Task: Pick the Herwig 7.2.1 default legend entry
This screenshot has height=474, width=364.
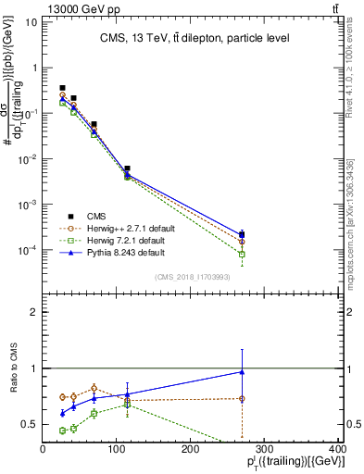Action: pos(126,239)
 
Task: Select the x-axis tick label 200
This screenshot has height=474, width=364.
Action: pos(191,449)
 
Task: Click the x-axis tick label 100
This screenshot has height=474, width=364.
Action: pos(117,449)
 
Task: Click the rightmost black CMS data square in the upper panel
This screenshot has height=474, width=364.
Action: pos(242,234)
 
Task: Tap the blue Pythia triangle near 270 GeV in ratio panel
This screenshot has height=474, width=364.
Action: pos(242,372)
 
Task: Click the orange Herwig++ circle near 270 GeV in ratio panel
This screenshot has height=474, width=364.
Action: pos(242,399)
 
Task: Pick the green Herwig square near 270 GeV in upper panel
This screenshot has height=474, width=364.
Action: pos(242,254)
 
